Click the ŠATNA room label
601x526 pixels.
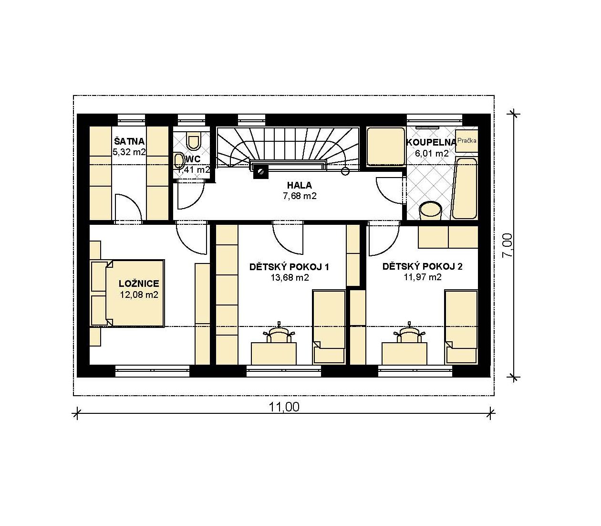click(129, 141)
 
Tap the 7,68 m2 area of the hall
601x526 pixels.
click(300, 196)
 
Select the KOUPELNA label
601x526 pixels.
click(431, 143)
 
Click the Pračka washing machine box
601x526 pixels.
click(466, 141)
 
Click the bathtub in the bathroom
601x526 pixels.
click(465, 189)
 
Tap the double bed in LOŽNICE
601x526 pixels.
click(127, 293)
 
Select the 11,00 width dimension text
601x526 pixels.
click(284, 407)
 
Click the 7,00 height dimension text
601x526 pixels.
click(507, 245)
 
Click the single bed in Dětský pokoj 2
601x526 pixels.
click(461, 327)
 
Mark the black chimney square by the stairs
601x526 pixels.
click(261, 172)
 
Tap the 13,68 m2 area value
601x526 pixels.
click(290, 277)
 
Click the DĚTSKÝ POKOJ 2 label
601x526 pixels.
click(423, 266)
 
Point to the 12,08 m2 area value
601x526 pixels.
click(139, 295)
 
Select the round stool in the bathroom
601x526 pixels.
click(431, 210)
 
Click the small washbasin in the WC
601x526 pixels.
click(178, 161)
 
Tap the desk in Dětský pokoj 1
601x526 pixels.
click(274, 354)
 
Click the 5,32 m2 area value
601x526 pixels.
click(129, 152)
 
